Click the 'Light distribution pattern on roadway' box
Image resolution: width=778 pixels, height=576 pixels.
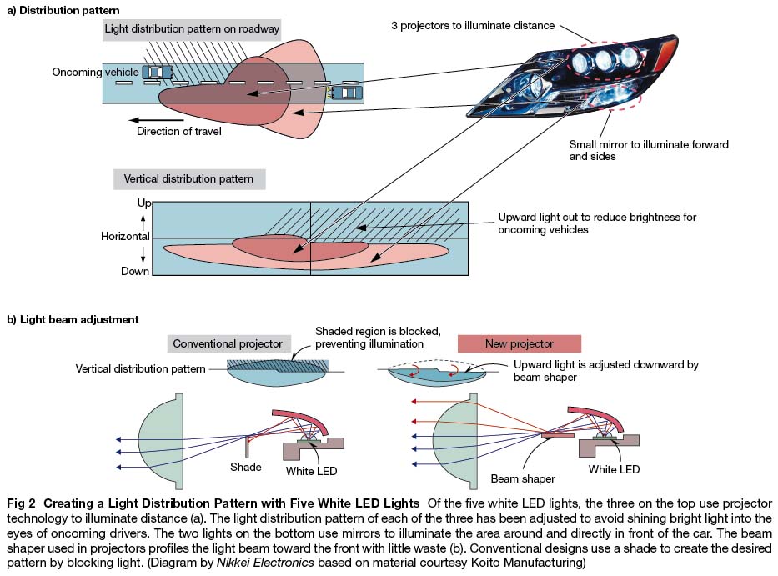[191, 28]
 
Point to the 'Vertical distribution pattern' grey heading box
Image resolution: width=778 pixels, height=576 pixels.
[188, 178]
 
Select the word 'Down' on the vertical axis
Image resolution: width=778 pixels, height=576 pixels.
[134, 271]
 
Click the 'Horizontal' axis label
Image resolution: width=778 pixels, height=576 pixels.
[126, 238]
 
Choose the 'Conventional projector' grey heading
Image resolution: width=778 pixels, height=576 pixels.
[228, 343]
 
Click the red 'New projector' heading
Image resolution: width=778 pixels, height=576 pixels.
[518, 343]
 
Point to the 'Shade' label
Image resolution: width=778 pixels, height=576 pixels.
[245, 468]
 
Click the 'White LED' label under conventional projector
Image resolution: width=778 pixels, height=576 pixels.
[311, 469]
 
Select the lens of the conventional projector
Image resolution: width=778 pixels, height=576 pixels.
[161, 441]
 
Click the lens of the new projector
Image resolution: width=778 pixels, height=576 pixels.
[456, 441]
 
